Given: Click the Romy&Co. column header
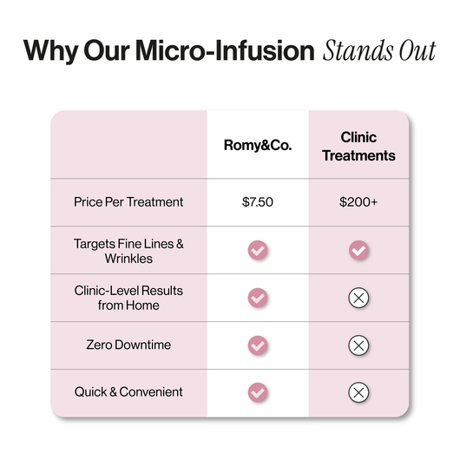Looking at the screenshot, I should (x=257, y=146).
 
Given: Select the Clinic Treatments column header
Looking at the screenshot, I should (x=358, y=147).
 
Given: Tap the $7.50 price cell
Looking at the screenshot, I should (x=258, y=202).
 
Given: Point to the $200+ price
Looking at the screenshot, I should (x=358, y=202).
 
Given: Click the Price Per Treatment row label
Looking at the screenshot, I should (x=128, y=202).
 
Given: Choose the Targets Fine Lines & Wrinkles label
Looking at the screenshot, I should (x=128, y=251).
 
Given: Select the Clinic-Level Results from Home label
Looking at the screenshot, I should (x=128, y=298).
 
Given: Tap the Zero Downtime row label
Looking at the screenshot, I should (x=128, y=345).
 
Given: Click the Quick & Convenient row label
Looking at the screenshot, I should (x=128, y=391).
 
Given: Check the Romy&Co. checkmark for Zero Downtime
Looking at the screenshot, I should (x=258, y=345).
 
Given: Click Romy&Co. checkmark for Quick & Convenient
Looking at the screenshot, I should (x=258, y=392).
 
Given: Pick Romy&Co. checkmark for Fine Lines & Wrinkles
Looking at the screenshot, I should (x=258, y=251).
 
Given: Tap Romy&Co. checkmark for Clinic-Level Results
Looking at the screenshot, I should (x=258, y=298).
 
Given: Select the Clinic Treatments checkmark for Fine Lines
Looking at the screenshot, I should (x=358, y=251).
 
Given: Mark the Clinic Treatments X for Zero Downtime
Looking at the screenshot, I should (x=358, y=345).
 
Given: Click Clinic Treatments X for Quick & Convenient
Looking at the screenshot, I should (x=358, y=392).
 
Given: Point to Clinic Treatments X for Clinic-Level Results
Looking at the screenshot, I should (x=358, y=298).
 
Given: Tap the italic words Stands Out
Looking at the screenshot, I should (x=379, y=50).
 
